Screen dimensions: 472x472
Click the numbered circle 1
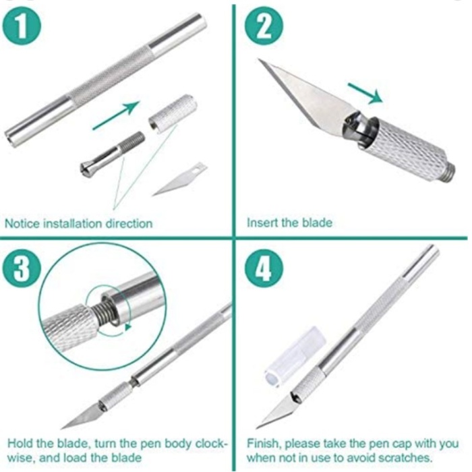point(22,26)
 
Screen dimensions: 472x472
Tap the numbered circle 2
point(264,26)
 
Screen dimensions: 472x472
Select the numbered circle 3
point(22,268)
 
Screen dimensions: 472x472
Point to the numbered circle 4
point(264,268)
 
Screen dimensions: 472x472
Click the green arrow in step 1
point(116,115)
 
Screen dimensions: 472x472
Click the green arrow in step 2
point(365,93)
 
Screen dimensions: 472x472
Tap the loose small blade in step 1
point(180,179)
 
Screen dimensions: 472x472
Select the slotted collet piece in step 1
point(113,154)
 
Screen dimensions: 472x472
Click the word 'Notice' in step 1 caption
point(22,224)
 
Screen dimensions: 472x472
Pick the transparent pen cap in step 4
point(295,357)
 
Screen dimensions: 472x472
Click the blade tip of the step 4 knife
point(256,428)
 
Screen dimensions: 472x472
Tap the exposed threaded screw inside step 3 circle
point(102,312)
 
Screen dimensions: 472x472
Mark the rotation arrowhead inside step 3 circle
point(128,327)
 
